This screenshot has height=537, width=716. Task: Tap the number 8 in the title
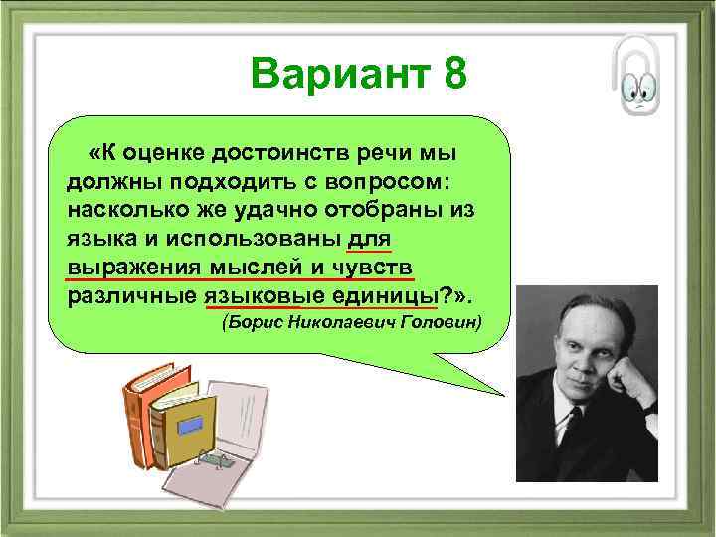coord(448,74)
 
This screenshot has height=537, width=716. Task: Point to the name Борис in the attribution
coord(248,323)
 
